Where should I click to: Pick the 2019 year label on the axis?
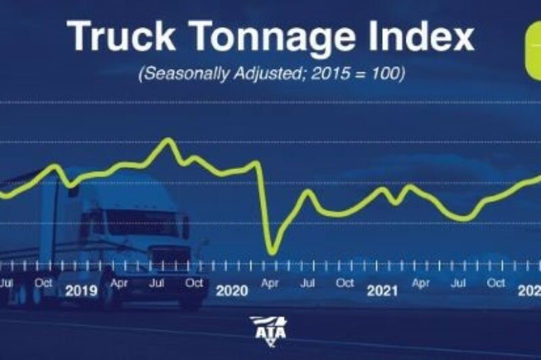point(81,291)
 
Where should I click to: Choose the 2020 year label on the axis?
point(232,291)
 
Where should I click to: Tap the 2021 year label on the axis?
point(383,291)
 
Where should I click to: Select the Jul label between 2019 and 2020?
point(157,284)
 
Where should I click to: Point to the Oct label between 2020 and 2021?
point(345,284)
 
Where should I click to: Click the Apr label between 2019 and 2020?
point(120,284)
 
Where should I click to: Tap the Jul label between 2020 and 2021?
point(308,284)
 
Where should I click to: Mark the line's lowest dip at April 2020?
point(272,252)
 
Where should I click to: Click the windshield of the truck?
point(135,223)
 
